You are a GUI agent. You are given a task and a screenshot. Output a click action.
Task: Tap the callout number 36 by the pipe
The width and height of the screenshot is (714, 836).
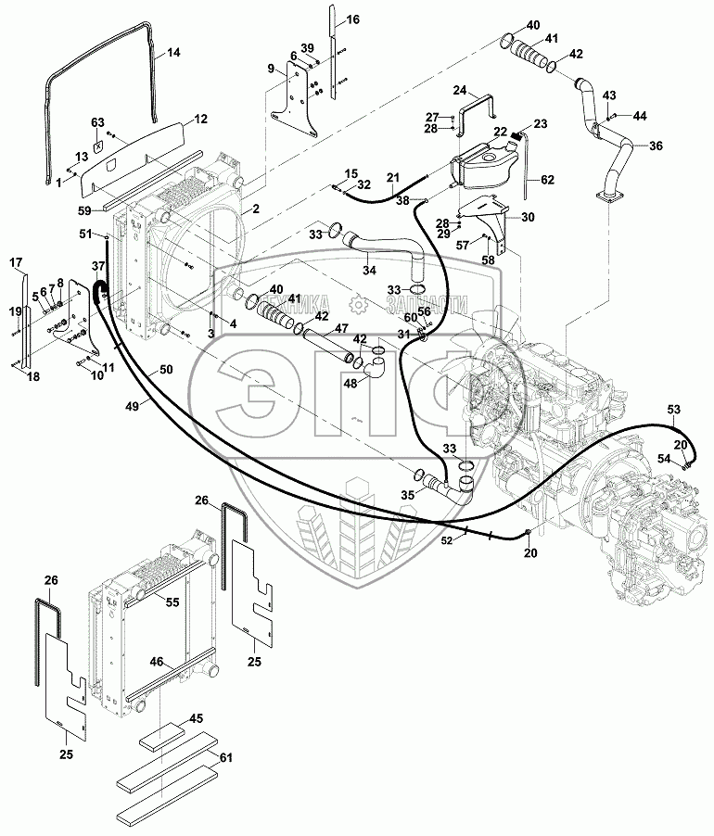656,146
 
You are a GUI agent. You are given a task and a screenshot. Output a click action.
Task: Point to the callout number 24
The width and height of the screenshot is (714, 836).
458,90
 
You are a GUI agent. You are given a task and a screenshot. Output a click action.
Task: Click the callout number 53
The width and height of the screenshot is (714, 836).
674,409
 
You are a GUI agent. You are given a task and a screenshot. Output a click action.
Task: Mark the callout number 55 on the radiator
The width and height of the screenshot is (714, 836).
172,602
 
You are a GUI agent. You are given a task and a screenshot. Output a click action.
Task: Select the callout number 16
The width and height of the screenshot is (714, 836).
353,19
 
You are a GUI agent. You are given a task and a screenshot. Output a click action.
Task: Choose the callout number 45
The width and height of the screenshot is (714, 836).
197,718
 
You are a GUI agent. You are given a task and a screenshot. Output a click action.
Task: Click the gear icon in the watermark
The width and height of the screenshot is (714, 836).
355,304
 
